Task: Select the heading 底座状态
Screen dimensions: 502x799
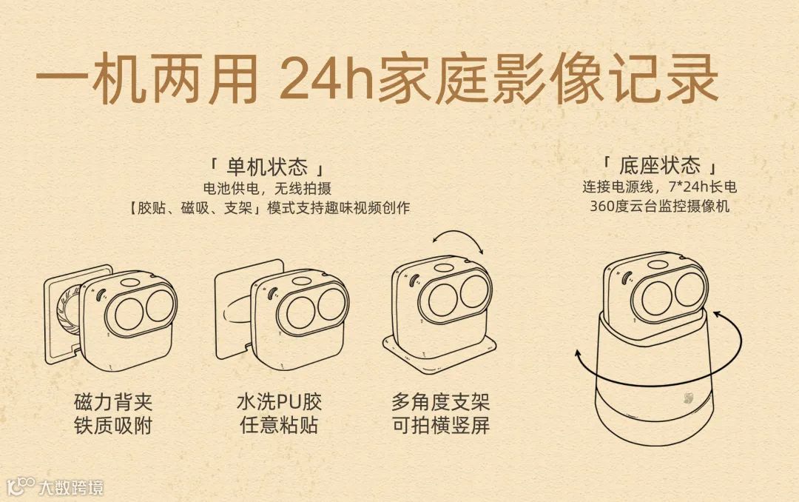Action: click(661, 164)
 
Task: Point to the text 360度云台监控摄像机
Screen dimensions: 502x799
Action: click(659, 207)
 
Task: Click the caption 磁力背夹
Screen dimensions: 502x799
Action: click(113, 403)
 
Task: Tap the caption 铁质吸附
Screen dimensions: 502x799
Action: click(113, 426)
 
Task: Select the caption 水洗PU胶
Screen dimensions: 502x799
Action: click(279, 403)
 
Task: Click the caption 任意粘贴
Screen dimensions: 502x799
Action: click(279, 426)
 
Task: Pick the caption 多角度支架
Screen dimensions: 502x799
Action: click(440, 403)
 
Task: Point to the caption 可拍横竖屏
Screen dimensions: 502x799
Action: click(440, 426)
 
